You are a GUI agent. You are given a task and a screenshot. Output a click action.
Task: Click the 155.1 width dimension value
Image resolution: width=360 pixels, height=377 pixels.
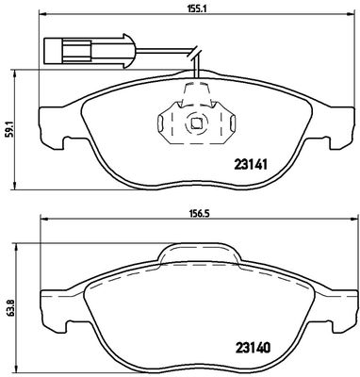point(197,9)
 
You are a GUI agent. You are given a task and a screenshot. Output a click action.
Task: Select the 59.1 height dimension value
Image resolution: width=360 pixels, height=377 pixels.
point(8,129)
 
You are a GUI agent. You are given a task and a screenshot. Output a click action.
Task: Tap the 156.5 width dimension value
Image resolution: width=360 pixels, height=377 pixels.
point(199,213)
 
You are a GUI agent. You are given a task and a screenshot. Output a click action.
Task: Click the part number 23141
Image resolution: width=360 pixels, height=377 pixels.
point(251,164)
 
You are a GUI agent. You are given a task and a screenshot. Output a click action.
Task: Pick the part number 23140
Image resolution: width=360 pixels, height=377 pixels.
point(252,348)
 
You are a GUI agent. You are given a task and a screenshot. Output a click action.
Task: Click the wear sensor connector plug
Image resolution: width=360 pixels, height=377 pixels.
point(89,51)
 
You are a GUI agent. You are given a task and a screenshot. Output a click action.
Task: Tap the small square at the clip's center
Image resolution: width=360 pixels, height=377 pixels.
point(196,123)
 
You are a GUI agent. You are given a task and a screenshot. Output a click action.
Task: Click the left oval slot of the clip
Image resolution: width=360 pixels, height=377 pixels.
point(160,123)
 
